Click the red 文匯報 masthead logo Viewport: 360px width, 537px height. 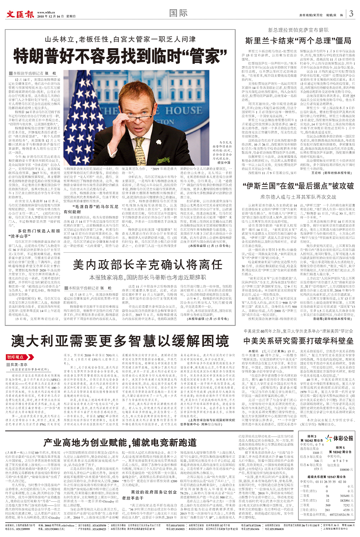click(x=20, y=14)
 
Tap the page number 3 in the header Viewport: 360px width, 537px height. click(x=351, y=14)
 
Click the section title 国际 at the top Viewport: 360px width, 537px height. click(x=179, y=13)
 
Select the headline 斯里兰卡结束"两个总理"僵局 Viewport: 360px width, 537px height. click(x=298, y=41)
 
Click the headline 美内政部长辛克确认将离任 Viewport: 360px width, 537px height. click(x=148, y=265)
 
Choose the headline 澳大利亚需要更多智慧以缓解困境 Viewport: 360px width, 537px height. click(x=120, y=341)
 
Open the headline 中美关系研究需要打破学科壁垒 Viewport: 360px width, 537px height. click(x=298, y=340)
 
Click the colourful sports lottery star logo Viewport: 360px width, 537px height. click(x=328, y=438)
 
